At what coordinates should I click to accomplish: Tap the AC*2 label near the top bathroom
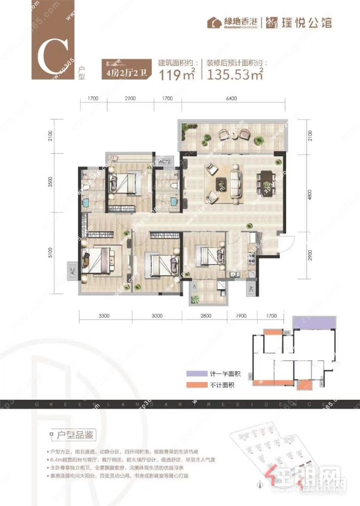click(x=164, y=161)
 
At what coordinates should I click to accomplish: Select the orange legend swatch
click(x=192, y=385)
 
